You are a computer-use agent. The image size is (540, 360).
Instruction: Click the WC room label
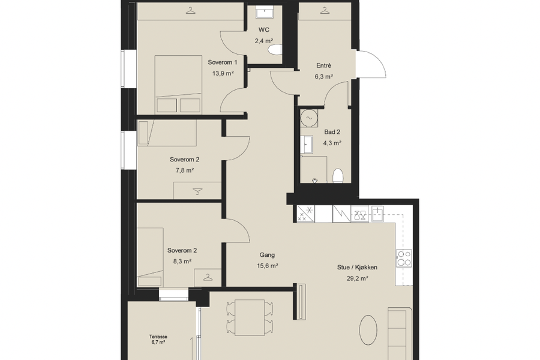click(264, 30)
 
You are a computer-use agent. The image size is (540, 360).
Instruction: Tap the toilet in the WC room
click(275, 49)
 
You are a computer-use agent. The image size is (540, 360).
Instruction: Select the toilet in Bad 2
click(338, 176)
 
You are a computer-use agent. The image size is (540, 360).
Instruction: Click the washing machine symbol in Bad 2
click(309, 118)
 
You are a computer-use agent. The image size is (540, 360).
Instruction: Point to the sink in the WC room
click(265, 13)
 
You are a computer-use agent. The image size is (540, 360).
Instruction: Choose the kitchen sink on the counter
click(378, 214)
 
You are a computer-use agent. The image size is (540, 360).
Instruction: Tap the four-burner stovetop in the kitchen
click(404, 259)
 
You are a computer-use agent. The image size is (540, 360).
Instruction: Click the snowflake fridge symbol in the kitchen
click(306, 214)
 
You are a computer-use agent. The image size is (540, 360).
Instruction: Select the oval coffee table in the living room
click(368, 329)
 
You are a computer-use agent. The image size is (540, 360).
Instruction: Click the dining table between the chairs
click(250, 317)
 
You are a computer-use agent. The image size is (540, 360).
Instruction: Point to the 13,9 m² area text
click(223, 73)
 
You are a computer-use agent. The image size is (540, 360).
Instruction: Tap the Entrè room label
click(324, 65)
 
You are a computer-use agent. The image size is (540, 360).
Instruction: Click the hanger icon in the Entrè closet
click(325, 11)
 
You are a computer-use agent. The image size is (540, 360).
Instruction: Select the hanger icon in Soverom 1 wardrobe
click(190, 11)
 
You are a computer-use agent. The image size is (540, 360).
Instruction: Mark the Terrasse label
click(158, 337)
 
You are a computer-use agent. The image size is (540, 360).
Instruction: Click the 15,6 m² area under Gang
click(267, 266)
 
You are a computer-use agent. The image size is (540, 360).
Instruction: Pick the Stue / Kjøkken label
click(357, 268)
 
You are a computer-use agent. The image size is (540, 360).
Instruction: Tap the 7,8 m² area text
click(185, 170)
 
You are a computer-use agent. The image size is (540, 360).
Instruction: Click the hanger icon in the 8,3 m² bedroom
click(208, 277)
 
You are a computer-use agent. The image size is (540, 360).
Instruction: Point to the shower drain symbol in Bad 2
click(314, 181)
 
